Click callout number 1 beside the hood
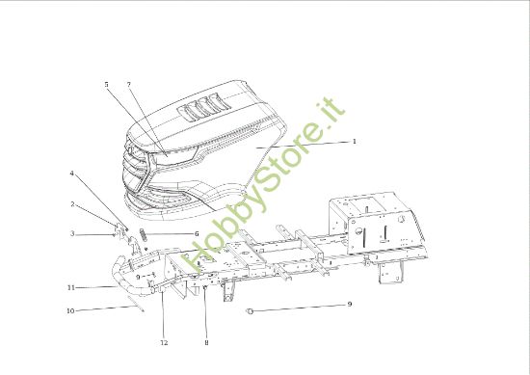pos(355,141)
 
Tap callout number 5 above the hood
pos(106,85)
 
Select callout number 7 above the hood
pos(128,85)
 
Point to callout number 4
pos(71,174)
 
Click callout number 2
pos(72,204)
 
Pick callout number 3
pos(71,233)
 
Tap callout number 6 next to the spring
pos(197,233)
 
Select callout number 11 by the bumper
pos(71,287)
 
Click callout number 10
pos(70,310)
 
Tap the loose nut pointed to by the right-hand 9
pos(250,310)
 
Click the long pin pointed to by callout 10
pos(141,308)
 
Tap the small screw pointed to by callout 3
pos(116,234)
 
